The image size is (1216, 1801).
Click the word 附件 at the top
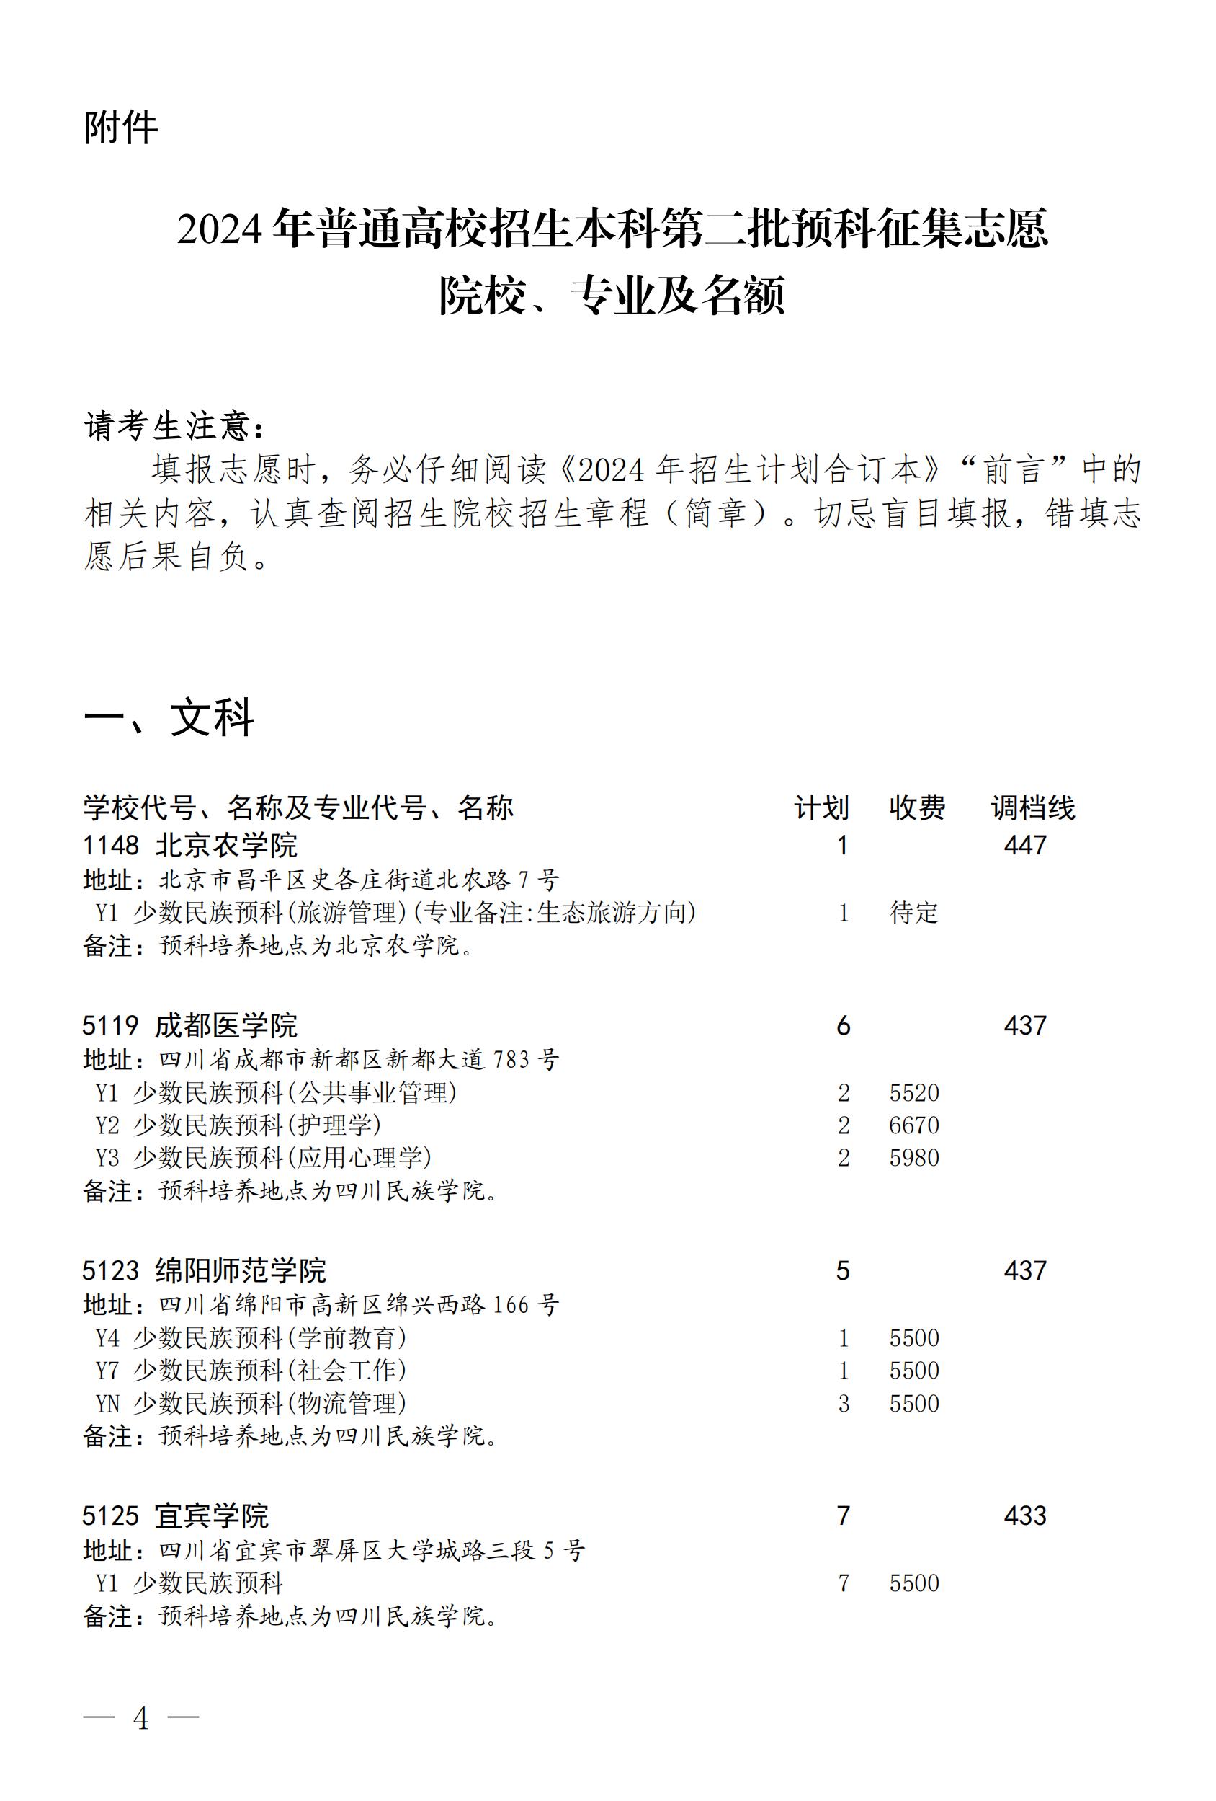[x=121, y=128]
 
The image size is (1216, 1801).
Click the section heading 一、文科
[x=168, y=718]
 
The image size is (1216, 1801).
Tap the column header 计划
[x=821, y=807]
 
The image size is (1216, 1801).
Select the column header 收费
[x=917, y=807]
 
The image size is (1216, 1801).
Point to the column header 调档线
[x=1033, y=807]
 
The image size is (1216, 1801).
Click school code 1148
[x=111, y=845]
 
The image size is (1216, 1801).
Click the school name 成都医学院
[x=225, y=1025]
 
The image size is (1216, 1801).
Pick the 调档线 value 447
[x=1024, y=845]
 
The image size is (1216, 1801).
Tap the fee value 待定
[x=914, y=912]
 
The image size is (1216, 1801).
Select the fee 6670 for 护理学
[x=914, y=1125]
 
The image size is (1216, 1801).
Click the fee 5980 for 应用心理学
[x=914, y=1157]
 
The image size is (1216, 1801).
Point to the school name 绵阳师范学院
[x=240, y=1270]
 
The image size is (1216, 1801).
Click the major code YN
[x=107, y=1403]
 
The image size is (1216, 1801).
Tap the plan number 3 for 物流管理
[x=844, y=1403]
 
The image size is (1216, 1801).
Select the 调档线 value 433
[x=1024, y=1515]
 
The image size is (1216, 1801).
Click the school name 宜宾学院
[x=212, y=1515]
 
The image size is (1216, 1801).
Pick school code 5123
[x=111, y=1270]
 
